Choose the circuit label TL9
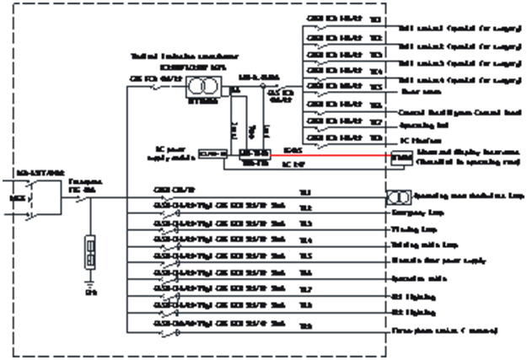[305, 325]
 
